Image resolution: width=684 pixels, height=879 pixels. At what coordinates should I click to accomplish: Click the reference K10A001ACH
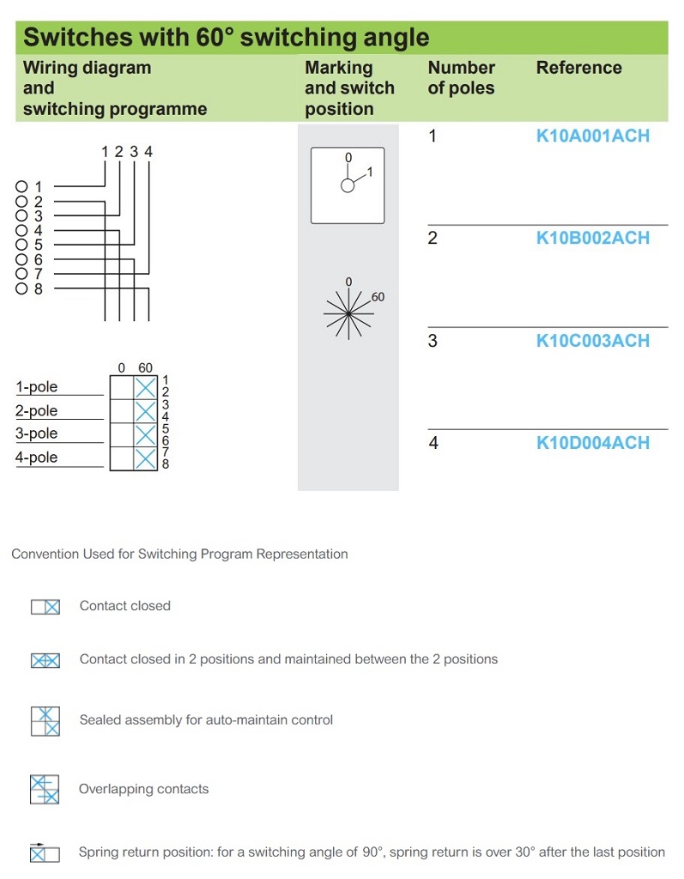tap(592, 136)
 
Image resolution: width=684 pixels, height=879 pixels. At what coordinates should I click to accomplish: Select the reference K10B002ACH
tap(592, 238)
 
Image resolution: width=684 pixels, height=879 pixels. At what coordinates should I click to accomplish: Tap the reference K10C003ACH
tap(592, 341)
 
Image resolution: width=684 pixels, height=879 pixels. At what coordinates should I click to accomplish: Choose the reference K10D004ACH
tap(592, 443)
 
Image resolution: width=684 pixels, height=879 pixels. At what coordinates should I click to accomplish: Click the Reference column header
tap(578, 68)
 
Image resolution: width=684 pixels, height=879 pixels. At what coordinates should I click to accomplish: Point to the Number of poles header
tap(462, 77)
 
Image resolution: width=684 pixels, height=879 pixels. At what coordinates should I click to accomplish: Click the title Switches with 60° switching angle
tap(226, 38)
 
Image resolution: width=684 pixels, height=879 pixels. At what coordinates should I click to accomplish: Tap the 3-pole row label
tap(37, 433)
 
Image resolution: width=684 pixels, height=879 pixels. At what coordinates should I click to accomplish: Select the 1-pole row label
tap(37, 387)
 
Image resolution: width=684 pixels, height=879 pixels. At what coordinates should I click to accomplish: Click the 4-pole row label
tap(37, 458)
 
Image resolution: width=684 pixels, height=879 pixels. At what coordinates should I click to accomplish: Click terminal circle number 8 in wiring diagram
tap(21, 288)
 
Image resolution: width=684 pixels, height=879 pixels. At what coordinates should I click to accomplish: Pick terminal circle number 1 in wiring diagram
tap(21, 186)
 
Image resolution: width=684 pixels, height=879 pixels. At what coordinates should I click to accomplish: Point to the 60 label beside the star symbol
tap(378, 297)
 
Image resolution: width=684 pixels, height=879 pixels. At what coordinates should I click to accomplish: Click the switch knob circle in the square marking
tap(348, 185)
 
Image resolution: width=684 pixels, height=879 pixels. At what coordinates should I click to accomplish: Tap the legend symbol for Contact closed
tap(45, 607)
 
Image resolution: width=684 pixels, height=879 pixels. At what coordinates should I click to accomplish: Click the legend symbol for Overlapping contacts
tap(45, 789)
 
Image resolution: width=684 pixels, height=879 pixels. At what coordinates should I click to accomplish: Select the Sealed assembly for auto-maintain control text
tap(206, 719)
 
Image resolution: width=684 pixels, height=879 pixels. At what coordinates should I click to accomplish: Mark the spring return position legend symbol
tap(45, 852)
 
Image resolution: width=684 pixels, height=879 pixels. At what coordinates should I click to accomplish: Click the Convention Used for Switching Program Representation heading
tap(179, 554)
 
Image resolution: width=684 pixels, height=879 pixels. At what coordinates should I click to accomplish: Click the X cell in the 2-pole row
tap(146, 411)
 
